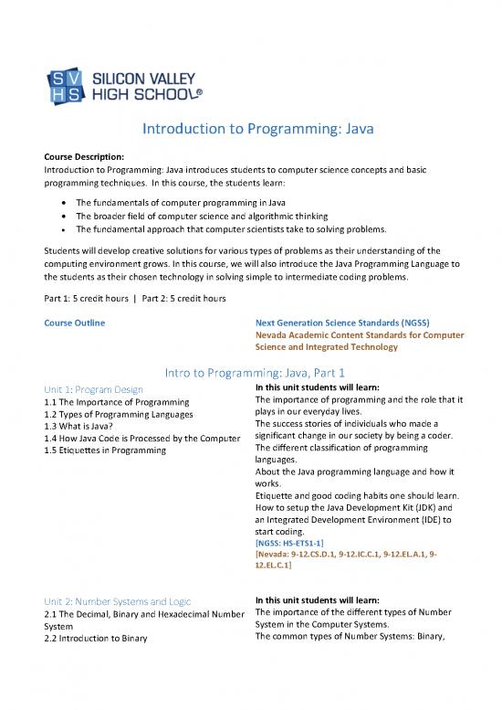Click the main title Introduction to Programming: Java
[251, 134]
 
